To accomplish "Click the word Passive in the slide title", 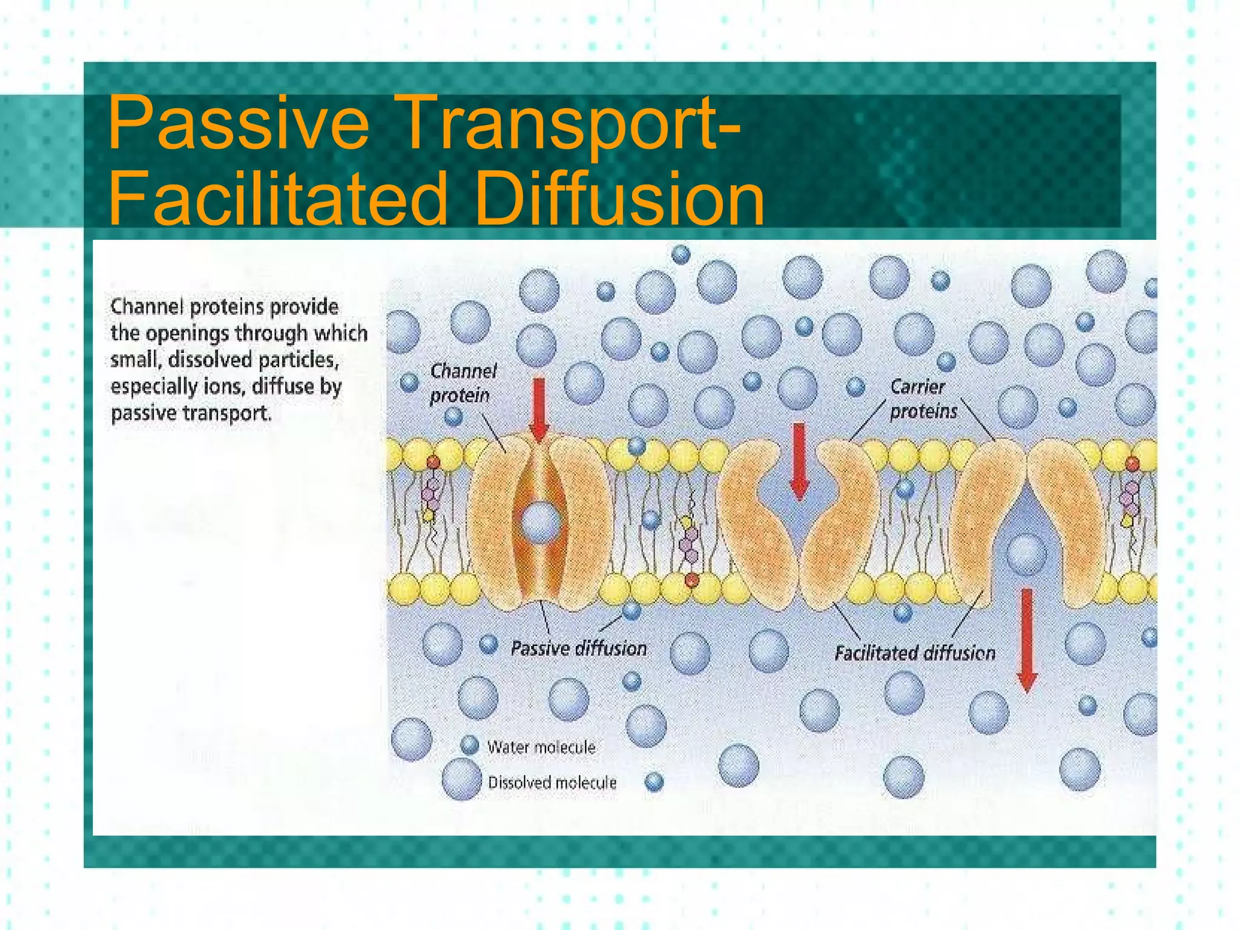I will click(238, 123).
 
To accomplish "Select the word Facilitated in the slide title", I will click(277, 198).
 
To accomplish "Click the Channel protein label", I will click(463, 383).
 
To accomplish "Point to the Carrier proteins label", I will click(923, 399).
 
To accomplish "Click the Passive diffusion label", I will click(578, 648).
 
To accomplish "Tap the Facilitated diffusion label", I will click(914, 653).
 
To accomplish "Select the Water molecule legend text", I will click(541, 747).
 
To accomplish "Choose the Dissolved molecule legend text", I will click(552, 783).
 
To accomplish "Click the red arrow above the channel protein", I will click(538, 409).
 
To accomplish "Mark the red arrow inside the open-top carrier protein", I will click(800, 460).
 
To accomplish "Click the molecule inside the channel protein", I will click(539, 523).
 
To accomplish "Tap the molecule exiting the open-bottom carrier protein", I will click(1026, 553).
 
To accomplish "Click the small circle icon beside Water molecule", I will click(470, 745).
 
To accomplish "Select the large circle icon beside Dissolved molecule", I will click(461, 779).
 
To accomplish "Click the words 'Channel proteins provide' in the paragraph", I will click(224, 306).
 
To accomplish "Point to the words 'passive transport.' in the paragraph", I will click(191, 413).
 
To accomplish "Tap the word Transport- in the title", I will click(569, 123).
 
